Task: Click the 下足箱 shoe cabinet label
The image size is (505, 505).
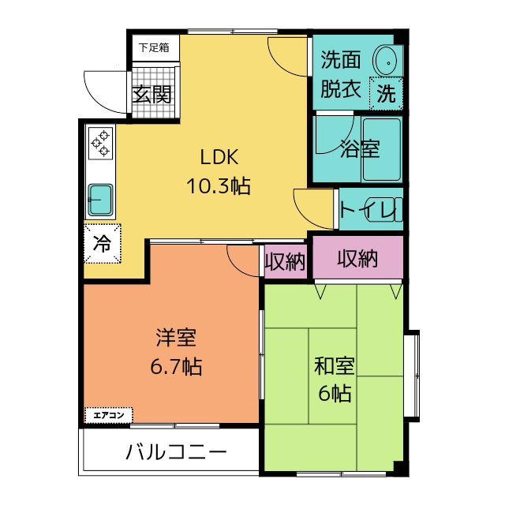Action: click(x=154, y=47)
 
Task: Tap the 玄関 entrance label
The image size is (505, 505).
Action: click(x=151, y=95)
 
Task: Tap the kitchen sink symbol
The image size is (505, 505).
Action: click(x=100, y=199)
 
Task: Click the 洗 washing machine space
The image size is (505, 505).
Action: click(x=386, y=93)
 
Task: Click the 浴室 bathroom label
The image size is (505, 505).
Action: click(x=360, y=149)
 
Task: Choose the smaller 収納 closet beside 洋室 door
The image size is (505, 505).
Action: click(x=285, y=262)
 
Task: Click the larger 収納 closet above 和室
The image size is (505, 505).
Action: click(x=357, y=258)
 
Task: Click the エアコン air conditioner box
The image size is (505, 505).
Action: click(x=109, y=414)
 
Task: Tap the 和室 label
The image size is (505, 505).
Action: click(x=335, y=366)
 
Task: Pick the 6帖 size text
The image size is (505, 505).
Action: click(x=335, y=393)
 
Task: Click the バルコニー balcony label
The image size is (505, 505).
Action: click(x=176, y=453)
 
